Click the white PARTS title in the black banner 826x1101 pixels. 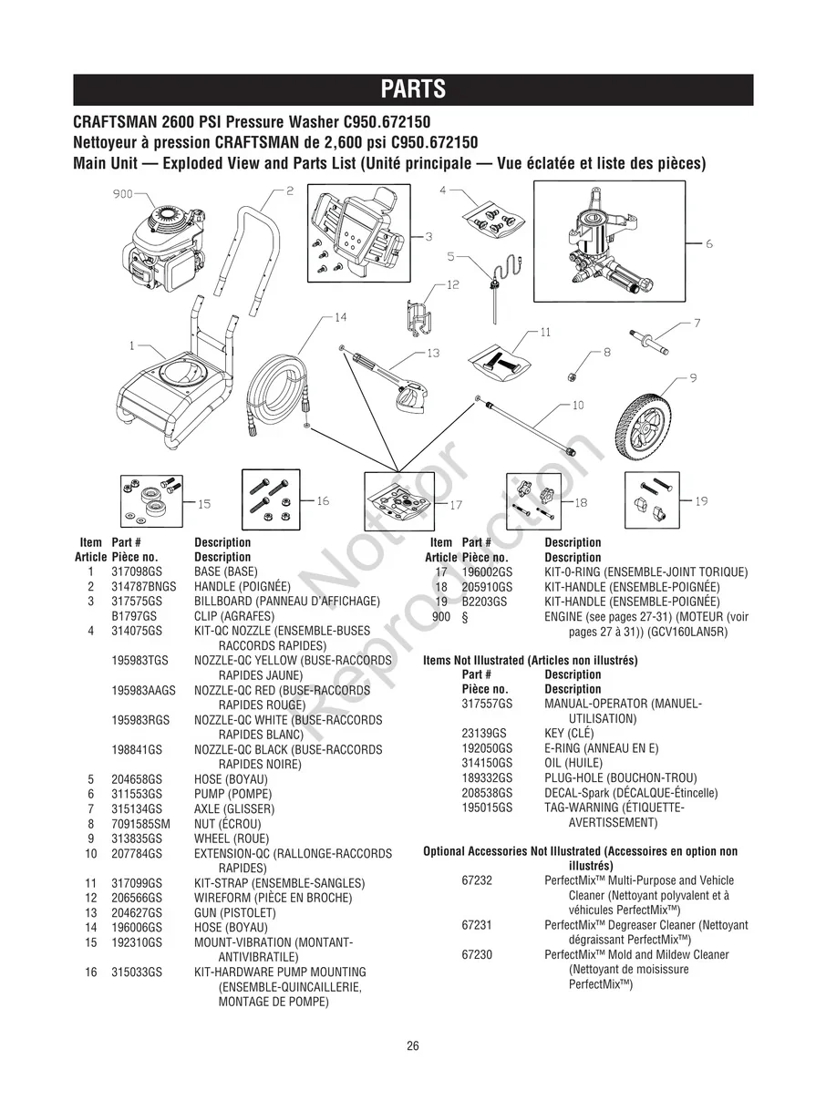412,89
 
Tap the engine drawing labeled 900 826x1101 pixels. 164,251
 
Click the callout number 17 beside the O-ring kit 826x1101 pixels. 456,504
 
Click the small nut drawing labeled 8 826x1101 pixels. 569,375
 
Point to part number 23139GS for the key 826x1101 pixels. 484,733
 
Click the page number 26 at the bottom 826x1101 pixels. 413,1045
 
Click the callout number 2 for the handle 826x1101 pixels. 289,191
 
